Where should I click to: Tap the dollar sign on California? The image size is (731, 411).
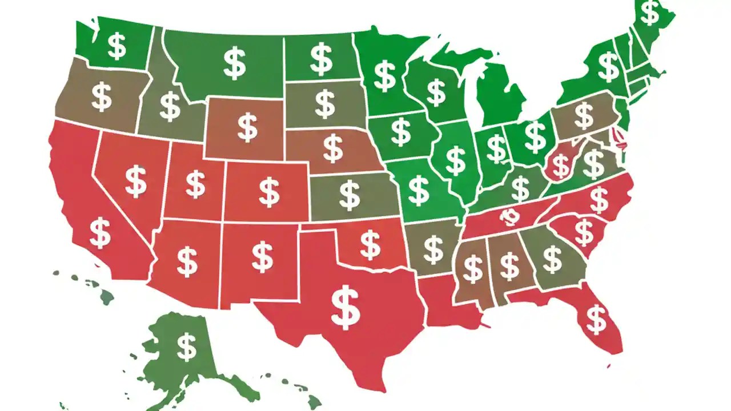click(101, 232)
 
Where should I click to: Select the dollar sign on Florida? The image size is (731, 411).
click(596, 319)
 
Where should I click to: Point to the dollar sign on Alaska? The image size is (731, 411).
click(186, 346)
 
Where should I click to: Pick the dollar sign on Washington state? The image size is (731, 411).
click(117, 46)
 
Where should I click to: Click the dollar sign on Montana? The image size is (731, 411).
click(234, 63)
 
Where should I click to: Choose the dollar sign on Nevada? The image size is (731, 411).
click(135, 181)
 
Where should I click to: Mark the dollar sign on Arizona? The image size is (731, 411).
click(187, 261)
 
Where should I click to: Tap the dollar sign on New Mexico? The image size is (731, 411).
click(262, 256)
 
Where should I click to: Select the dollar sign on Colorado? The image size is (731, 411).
click(269, 192)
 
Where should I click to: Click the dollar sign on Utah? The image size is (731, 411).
click(195, 184)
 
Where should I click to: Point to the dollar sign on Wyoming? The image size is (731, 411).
click(247, 127)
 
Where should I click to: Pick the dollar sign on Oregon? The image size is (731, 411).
click(102, 96)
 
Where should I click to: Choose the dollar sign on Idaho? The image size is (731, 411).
click(170, 106)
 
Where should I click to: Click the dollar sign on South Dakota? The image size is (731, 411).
click(325, 104)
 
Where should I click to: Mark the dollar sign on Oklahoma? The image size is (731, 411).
click(370, 245)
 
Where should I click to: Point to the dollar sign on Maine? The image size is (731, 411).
click(650, 13)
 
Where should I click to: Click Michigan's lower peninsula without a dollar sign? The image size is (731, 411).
click(500, 97)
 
